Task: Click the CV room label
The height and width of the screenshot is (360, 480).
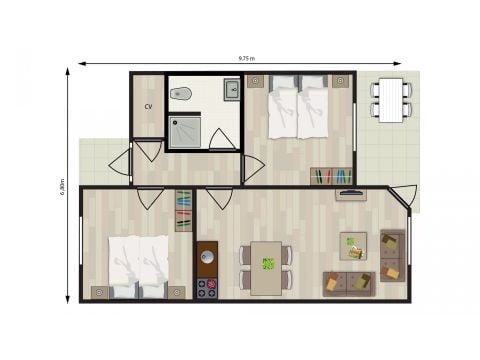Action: pos(148,106)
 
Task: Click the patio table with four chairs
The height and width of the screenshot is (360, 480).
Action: pos(391,99)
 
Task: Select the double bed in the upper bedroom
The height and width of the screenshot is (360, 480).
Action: pos(298,110)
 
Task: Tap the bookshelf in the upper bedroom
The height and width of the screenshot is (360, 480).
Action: pos(331,176)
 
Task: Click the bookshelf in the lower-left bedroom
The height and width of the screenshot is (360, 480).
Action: pos(184,211)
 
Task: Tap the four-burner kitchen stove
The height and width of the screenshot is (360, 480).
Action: pos(207,288)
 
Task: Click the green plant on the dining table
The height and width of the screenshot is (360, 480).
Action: pos(268,264)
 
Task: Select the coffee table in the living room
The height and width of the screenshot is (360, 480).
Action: pos(353,246)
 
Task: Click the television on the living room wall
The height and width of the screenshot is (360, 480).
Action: pos(351,192)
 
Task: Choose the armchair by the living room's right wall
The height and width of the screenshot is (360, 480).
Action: pos(392,255)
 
